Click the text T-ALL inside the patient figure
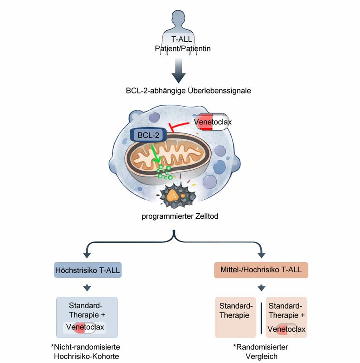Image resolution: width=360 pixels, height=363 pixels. click(x=180, y=39)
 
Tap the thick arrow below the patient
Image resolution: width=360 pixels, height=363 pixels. click(x=180, y=73)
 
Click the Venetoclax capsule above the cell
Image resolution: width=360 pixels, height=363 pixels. click(x=212, y=122)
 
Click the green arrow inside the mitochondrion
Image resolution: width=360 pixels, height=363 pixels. click(x=156, y=157)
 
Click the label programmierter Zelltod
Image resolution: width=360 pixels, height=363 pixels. click(x=180, y=216)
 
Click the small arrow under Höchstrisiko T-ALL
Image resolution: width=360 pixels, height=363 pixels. click(x=88, y=288)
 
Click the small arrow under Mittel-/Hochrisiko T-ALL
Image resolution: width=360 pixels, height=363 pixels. click(x=261, y=288)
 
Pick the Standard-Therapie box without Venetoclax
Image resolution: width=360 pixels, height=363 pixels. click(x=235, y=316)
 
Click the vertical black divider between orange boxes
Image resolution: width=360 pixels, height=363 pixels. click(x=261, y=316)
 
